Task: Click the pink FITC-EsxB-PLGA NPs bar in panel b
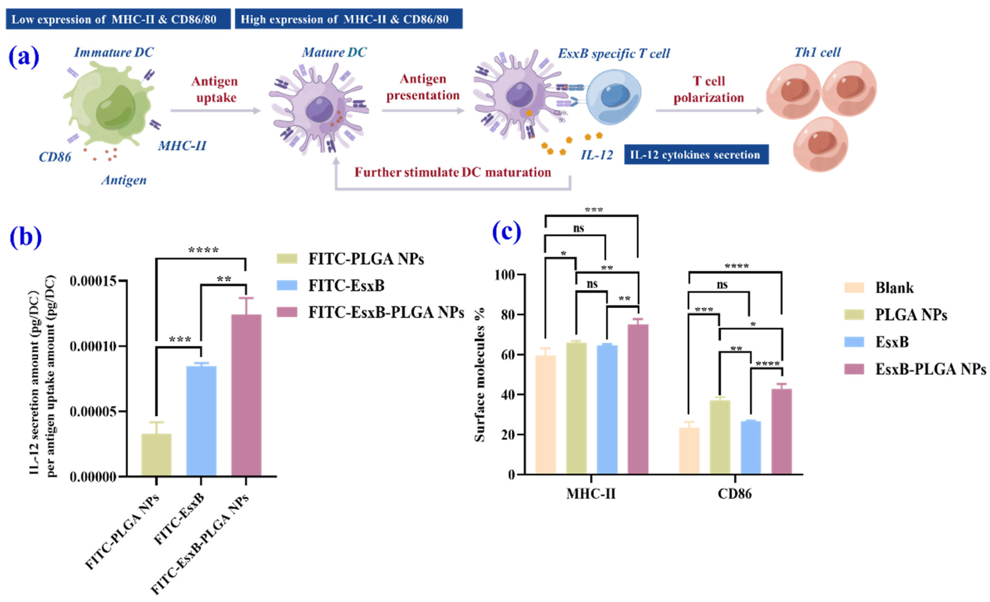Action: [x=246, y=396]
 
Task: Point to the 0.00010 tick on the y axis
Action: [x=93, y=346]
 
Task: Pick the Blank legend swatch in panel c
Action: [x=854, y=288]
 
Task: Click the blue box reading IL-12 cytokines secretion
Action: [x=696, y=155]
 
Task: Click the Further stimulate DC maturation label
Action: [x=452, y=172]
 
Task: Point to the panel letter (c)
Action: [x=506, y=232]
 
